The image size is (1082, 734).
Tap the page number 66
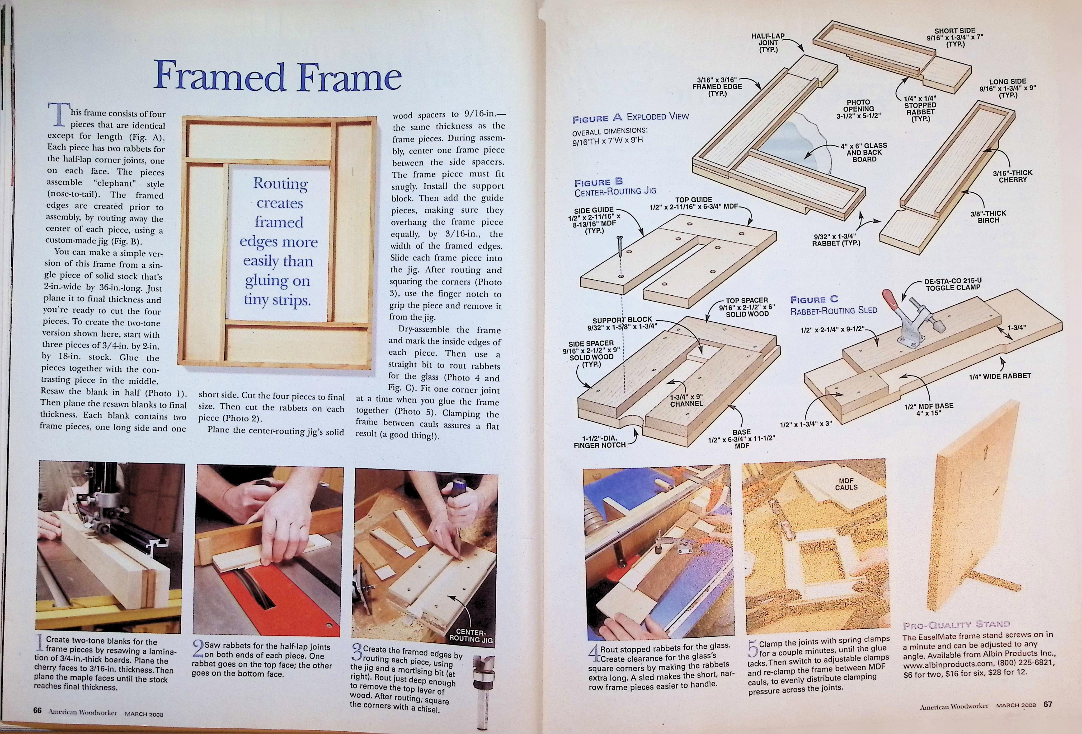point(37,710)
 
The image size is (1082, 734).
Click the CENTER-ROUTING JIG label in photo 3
point(470,635)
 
